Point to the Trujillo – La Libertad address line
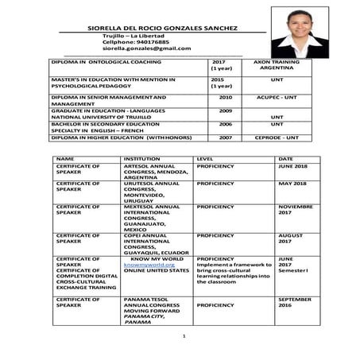click(x=133, y=36)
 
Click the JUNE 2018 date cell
click(x=292, y=167)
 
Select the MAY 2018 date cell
click(x=292, y=184)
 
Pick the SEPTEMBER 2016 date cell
click(x=296, y=302)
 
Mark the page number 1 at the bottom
click(x=183, y=337)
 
